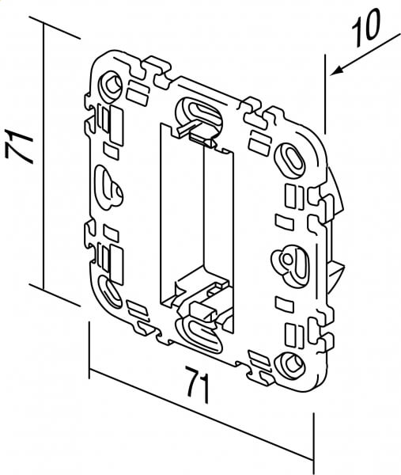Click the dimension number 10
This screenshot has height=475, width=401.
click(x=365, y=28)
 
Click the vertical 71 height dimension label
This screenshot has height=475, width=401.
click(x=19, y=146)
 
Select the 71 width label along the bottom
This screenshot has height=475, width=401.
click(x=197, y=385)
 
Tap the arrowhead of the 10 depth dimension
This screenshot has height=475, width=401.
click(x=338, y=70)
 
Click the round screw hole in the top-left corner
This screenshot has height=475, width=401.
click(x=112, y=85)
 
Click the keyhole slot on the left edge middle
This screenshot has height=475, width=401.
click(x=109, y=188)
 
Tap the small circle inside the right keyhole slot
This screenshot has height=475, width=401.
click(x=286, y=259)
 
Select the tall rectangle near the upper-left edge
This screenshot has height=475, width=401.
click(x=116, y=126)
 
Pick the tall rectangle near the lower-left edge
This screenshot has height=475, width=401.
click(x=116, y=265)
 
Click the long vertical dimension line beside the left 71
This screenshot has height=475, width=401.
click(x=44, y=157)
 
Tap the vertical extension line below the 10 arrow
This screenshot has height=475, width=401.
click(x=325, y=94)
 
